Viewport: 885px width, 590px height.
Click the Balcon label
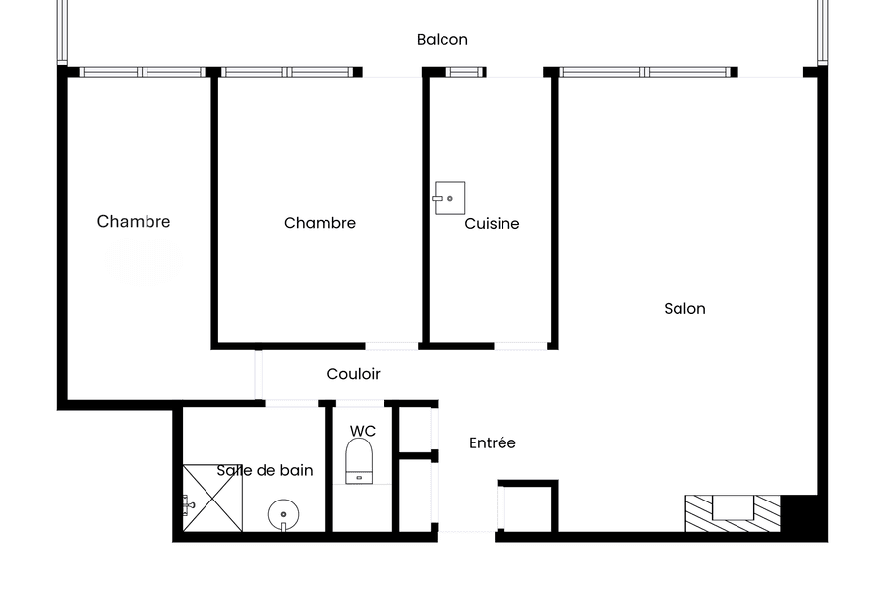pos(442,40)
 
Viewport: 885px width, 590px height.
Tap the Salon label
pos(684,308)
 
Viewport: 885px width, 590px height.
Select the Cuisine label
pos(492,223)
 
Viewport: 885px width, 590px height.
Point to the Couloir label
pos(353,374)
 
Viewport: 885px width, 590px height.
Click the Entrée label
pos(493,442)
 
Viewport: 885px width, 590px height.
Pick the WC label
pos(362,431)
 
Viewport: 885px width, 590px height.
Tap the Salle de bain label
pos(265,470)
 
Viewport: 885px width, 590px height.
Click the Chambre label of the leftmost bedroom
pos(133,221)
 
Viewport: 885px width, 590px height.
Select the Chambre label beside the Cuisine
pos(320,223)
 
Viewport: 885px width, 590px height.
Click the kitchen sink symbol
pos(449,199)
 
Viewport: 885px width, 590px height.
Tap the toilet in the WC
pos(359,461)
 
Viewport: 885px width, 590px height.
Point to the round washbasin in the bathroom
pos(283,515)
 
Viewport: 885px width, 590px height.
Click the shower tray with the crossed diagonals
pos(212,498)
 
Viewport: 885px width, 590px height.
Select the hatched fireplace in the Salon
pos(733,513)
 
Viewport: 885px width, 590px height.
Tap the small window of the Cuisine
pos(465,72)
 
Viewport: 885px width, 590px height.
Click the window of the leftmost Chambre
pos(142,72)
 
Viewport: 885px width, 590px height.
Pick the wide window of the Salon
pos(644,72)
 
